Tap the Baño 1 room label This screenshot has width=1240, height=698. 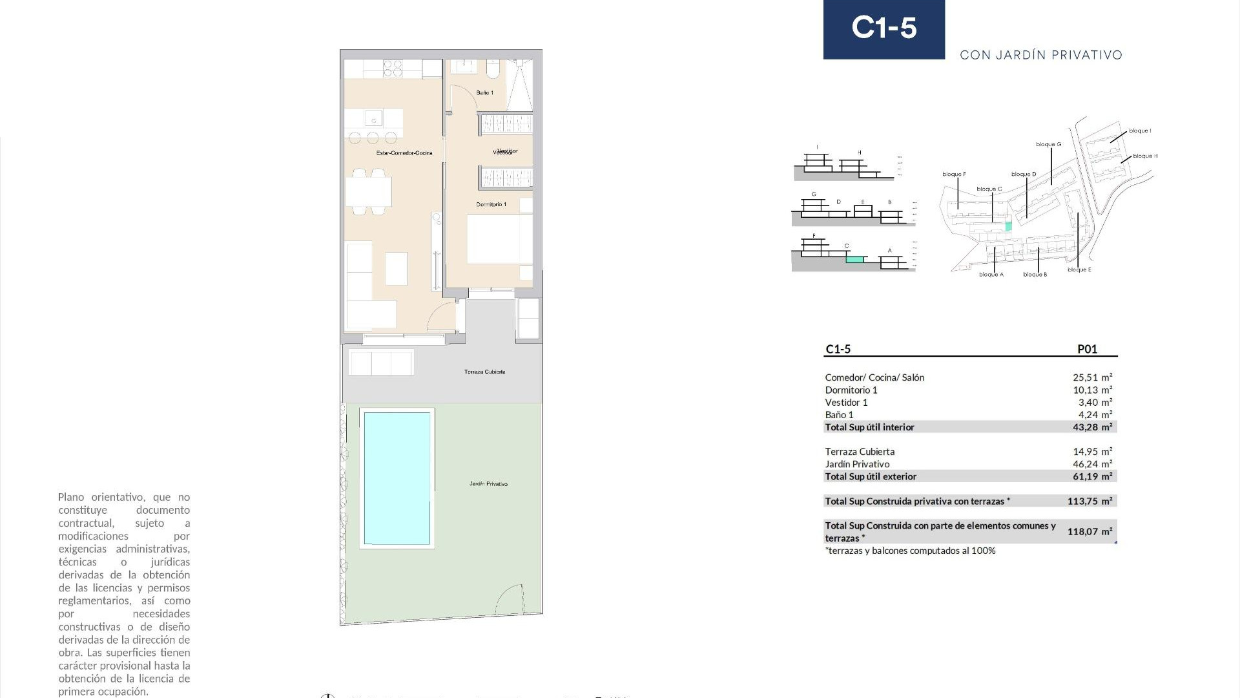(x=484, y=93)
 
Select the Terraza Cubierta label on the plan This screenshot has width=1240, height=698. (x=484, y=372)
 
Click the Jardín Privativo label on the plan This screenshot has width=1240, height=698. (x=488, y=483)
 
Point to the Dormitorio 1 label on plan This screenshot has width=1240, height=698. (x=491, y=204)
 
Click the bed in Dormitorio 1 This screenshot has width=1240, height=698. (x=499, y=239)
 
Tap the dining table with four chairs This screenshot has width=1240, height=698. (x=369, y=192)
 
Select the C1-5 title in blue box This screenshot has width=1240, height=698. (x=883, y=28)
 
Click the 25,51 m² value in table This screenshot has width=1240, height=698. (x=1092, y=377)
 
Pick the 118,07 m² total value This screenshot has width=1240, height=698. (x=1090, y=531)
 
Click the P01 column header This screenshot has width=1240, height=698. (x=1087, y=349)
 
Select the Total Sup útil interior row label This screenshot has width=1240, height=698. (x=869, y=427)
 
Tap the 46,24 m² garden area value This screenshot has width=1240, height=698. (x=1092, y=464)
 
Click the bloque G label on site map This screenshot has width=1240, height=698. (x=1048, y=144)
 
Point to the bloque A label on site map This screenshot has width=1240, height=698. (x=991, y=275)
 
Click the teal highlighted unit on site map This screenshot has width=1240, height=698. (x=1009, y=227)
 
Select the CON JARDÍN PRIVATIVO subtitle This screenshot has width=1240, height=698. (x=1040, y=56)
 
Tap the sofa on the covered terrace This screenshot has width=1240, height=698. (x=381, y=363)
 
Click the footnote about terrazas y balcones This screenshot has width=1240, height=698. (x=910, y=551)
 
